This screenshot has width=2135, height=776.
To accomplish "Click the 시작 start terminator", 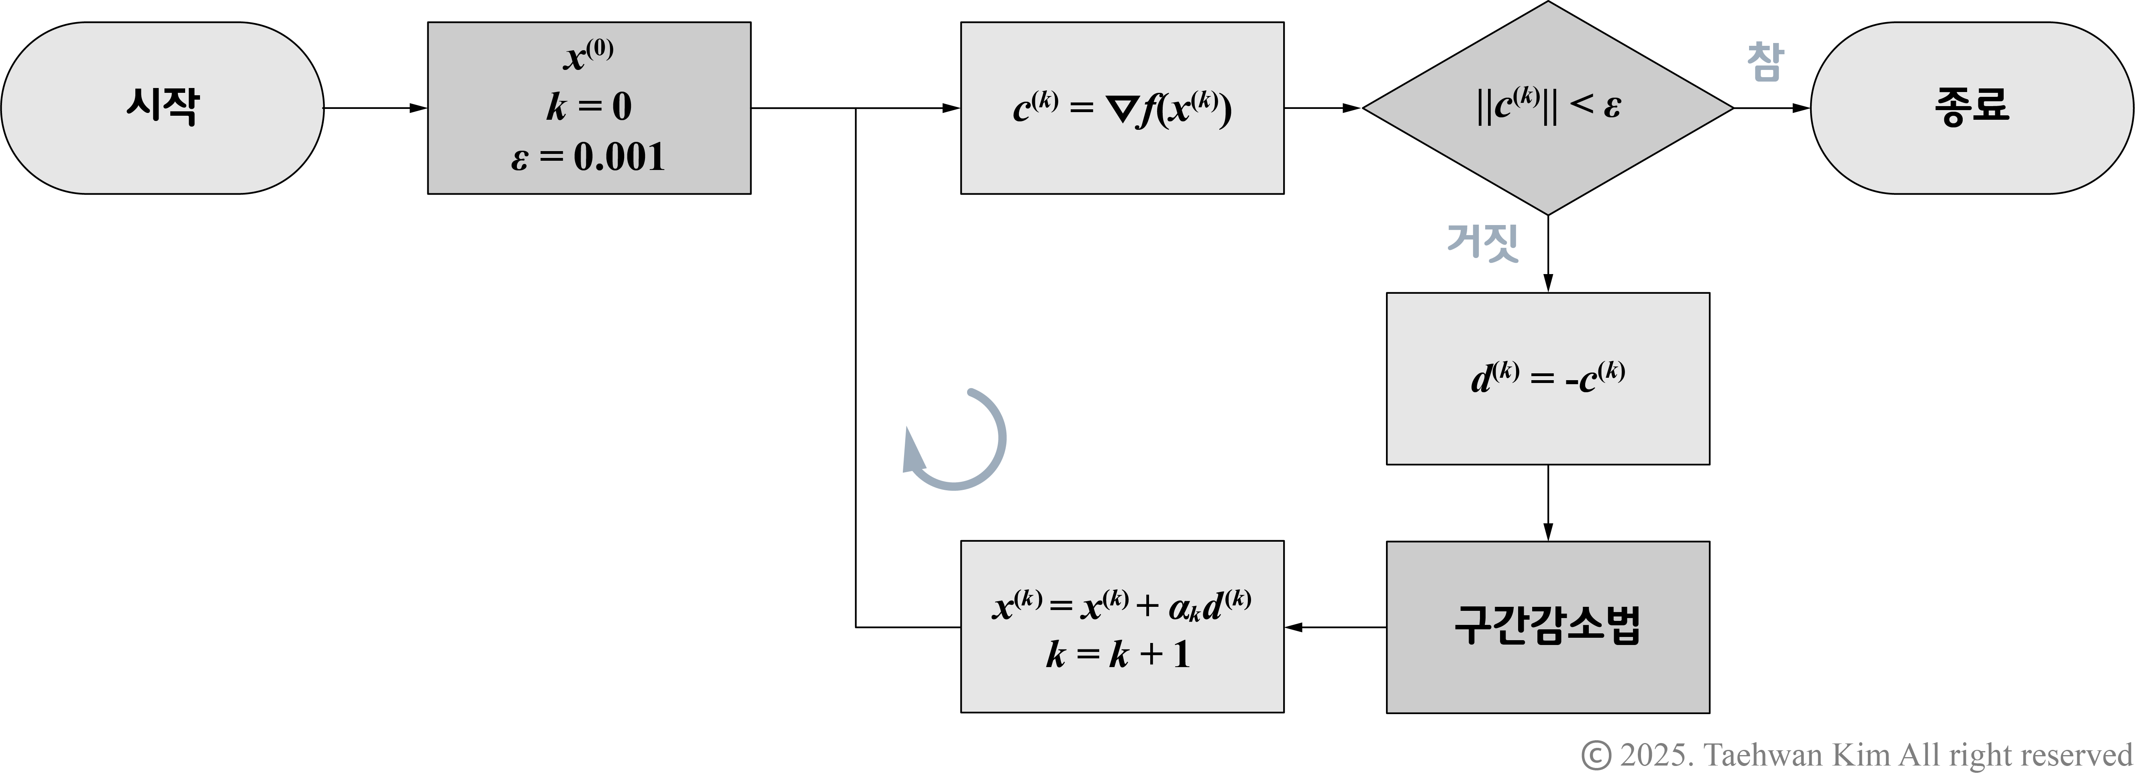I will pyautogui.click(x=162, y=108).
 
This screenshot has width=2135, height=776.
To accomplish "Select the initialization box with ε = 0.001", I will pyautogui.click(x=588, y=108).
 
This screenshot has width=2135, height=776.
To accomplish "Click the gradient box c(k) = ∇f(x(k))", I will pyautogui.click(x=1122, y=108).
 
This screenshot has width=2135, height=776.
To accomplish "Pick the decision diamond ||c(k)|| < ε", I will pyautogui.click(x=1547, y=108).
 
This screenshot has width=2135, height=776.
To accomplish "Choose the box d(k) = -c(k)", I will pyautogui.click(x=1547, y=378).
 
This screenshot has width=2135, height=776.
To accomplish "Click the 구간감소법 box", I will pyautogui.click(x=1547, y=627).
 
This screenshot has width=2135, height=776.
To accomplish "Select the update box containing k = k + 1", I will pyautogui.click(x=1122, y=627).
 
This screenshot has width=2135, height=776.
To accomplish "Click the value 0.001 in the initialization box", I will pyautogui.click(x=619, y=157).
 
